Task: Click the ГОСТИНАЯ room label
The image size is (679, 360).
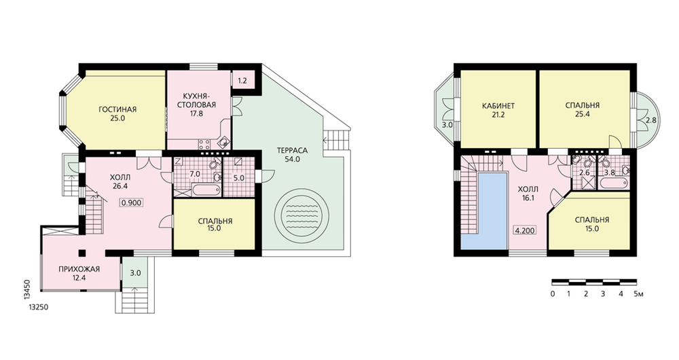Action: point(117,109)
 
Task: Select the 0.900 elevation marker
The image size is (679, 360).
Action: point(131,202)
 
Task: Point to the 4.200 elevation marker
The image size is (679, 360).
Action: point(525,230)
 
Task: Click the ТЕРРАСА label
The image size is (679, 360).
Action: point(292,151)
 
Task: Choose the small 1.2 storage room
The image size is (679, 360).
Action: point(243,80)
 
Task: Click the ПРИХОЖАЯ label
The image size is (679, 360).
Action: point(79,269)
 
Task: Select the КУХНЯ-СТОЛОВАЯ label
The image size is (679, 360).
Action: point(199,101)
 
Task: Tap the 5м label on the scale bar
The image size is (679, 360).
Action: point(638,294)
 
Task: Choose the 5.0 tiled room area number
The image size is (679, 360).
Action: point(238,177)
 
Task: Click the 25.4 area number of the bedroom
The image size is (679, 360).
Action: point(582,114)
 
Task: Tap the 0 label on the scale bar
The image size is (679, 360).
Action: point(553,294)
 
